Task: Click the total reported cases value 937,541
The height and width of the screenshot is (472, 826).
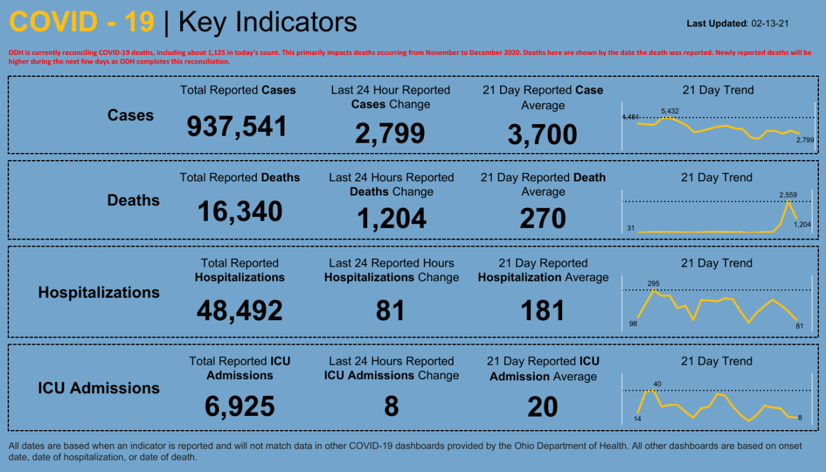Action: coord(237,127)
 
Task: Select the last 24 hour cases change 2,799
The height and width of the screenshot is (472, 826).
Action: coord(390,134)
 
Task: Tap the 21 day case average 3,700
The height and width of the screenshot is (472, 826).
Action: coord(542,135)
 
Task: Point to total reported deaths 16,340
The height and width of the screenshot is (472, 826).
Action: coord(239,212)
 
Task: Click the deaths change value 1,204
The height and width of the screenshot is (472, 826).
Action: coord(391,219)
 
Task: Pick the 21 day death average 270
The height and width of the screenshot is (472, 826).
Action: coord(543,219)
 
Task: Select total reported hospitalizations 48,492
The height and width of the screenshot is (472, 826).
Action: coord(239,311)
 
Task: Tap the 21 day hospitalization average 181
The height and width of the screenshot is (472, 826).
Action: coord(543,311)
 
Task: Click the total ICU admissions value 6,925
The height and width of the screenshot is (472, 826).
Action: coord(239,407)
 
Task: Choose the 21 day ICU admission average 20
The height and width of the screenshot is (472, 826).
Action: coord(542,407)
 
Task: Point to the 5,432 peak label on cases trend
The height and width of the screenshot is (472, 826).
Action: coord(670,112)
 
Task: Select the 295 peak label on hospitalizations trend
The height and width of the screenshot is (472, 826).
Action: coord(654,283)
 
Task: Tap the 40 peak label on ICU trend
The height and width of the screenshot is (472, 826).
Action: coord(657,384)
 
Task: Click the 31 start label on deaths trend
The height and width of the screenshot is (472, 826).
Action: coord(630,228)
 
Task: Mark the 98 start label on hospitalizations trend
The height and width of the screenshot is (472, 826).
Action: coord(633,323)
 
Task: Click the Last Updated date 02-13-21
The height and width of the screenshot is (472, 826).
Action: coord(771,23)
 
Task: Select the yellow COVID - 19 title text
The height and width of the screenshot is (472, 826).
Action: coord(82,22)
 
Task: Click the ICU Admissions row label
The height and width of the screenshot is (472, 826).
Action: coord(99,388)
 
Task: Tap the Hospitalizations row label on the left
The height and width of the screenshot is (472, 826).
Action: coord(99,292)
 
